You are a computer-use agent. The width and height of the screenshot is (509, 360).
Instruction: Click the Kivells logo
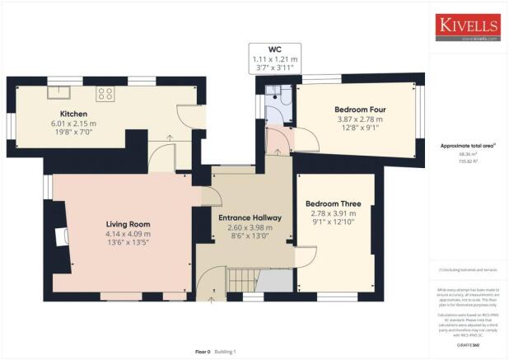coord(468,26)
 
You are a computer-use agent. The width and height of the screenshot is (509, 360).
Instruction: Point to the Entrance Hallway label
coord(250,217)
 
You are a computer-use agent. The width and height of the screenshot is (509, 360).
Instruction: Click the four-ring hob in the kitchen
coord(106,92)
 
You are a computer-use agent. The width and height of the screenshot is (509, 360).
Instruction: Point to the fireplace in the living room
coord(59,238)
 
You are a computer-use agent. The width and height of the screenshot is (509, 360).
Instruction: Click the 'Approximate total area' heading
coord(469,145)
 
